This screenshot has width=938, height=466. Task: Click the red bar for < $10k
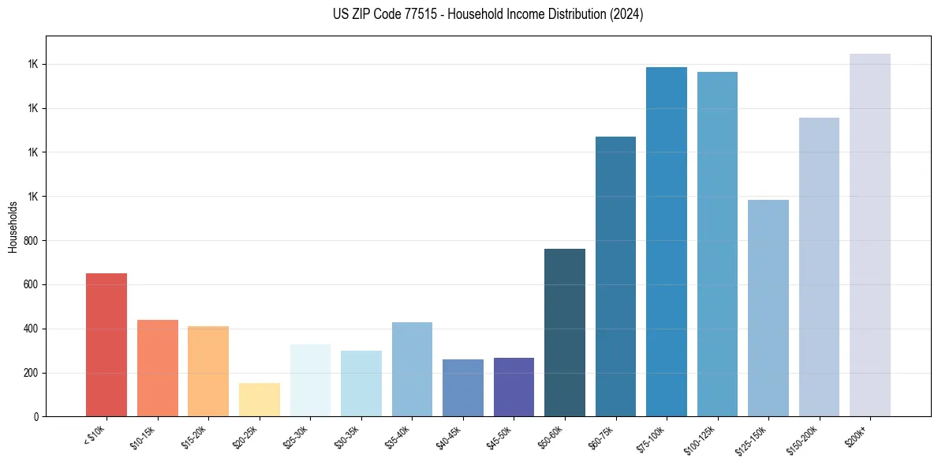(x=107, y=345)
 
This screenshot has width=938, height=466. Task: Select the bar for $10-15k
(x=157, y=368)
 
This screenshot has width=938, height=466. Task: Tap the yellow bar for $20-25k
(x=259, y=400)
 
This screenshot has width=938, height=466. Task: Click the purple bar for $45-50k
(x=514, y=387)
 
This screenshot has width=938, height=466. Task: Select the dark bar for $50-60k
(x=565, y=333)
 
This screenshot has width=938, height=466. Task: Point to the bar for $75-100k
(x=667, y=242)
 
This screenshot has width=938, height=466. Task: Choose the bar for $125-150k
(x=768, y=308)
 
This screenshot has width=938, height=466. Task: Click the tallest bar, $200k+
(x=870, y=235)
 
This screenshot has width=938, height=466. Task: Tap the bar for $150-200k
(x=819, y=267)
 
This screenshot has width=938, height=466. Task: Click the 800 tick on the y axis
(x=31, y=240)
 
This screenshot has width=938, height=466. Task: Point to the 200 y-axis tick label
(x=31, y=373)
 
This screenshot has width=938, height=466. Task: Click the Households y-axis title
(x=13, y=227)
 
